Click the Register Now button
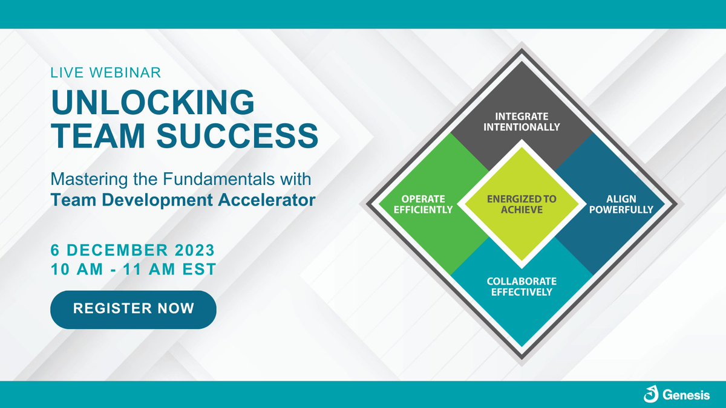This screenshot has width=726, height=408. (x=133, y=309)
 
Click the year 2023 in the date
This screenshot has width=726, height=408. (x=192, y=250)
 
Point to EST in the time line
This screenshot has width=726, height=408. (x=199, y=270)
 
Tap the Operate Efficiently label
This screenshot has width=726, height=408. (x=424, y=204)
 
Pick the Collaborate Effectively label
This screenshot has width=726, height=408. (x=521, y=287)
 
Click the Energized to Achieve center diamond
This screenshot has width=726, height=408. (x=521, y=204)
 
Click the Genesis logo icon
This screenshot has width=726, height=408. (x=651, y=395)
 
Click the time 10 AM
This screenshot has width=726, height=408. (x=75, y=270)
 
